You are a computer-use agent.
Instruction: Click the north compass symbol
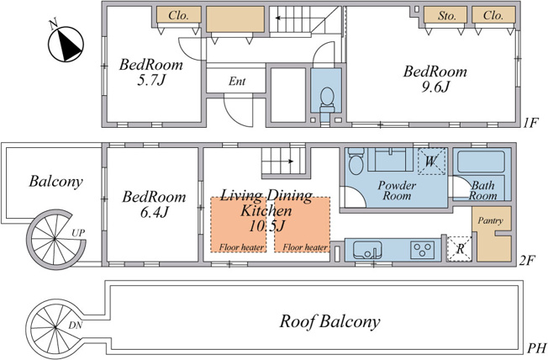pyautogui.click(x=66, y=44)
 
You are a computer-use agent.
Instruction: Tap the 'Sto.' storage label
pyautogui.click(x=447, y=16)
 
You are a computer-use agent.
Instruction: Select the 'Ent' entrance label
pyautogui.click(x=237, y=81)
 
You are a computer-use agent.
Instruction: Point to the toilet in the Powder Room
pyautogui.click(x=356, y=161)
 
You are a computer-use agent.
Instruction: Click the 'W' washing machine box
pyautogui.click(x=432, y=161)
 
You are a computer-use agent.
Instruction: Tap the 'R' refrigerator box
pyautogui.click(x=460, y=249)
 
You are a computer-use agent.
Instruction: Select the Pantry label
pyautogui.click(x=490, y=220)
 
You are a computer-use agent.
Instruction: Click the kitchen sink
pyautogui.click(x=367, y=250)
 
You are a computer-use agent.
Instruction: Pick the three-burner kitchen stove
pyautogui.click(x=423, y=250)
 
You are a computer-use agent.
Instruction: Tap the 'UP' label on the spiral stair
pyautogui.click(x=78, y=233)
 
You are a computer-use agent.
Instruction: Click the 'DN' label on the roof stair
pyautogui.click(x=75, y=326)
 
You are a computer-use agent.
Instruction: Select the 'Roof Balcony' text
pyautogui.click(x=329, y=321)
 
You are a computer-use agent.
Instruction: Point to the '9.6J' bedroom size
pyautogui.click(x=435, y=87)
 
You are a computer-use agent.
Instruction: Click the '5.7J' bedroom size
pyautogui.click(x=150, y=80)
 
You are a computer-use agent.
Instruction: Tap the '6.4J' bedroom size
pyautogui.click(x=154, y=212)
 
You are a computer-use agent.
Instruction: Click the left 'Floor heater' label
pyautogui.click(x=241, y=247)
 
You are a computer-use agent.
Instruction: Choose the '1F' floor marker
pyautogui.click(x=531, y=123)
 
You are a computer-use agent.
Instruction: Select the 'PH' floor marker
pyautogui.click(x=536, y=348)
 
